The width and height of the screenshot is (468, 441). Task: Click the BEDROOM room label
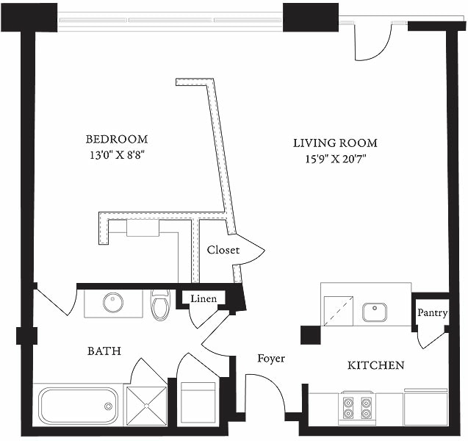click(116, 139)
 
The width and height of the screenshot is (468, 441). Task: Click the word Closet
click(223, 250)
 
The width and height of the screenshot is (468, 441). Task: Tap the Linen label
click(204, 299)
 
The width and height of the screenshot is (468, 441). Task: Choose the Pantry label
click(432, 312)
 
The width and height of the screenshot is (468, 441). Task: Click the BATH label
click(104, 351)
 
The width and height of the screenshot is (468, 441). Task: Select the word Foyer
click(270, 359)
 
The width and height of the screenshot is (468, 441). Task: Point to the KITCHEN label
click(375, 365)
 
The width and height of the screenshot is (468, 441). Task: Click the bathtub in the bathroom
click(79, 405)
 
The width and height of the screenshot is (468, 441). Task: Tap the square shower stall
click(146, 405)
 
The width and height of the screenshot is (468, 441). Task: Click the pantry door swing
click(431, 337)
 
